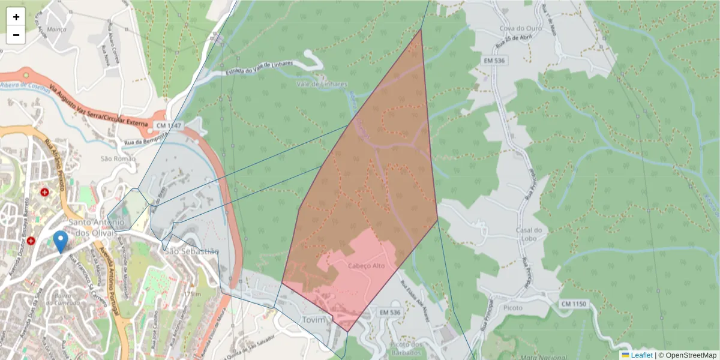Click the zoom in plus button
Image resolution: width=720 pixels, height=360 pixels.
[16, 17]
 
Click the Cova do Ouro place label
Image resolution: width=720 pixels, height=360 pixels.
[520, 28]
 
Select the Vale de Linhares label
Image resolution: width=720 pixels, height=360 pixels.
[322, 84]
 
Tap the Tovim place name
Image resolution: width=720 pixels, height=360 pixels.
[313, 319]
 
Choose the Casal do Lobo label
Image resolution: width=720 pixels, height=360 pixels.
[529, 235]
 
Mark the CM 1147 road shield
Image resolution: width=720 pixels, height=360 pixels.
[168, 125]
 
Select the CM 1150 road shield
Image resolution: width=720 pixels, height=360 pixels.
[574, 304]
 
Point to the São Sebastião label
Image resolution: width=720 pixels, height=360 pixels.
[192, 251]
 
